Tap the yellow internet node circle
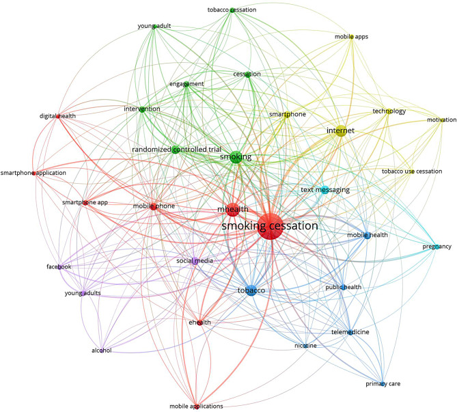pos(340,131)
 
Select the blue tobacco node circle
pos(251,291)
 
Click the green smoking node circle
pos(236,158)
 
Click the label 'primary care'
pos(383,384)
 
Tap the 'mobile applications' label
pos(196,406)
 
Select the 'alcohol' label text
pos(101,351)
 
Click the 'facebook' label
pos(59,266)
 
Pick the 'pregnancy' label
pos(436,247)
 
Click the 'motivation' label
pos(441,120)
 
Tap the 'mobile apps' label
pos(351,37)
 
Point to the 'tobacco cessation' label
pos(232,10)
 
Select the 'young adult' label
pos(154,27)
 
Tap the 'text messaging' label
pos(325,189)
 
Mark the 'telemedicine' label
pos(350,332)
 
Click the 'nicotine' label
pos(305,346)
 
